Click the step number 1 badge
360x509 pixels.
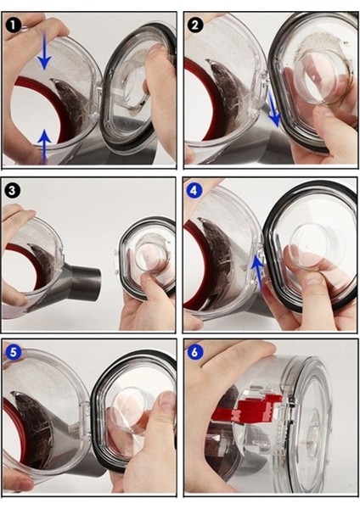click(x=14, y=25)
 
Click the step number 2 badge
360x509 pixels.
click(x=195, y=25)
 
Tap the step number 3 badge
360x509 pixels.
click(x=12, y=190)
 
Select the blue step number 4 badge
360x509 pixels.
click(x=194, y=190)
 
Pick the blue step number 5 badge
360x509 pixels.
click(x=13, y=352)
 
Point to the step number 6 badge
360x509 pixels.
click(x=194, y=352)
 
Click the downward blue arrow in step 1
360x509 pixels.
click(x=44, y=52)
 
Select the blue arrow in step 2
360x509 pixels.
click(x=273, y=109)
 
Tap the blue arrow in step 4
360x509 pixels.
click(x=259, y=271)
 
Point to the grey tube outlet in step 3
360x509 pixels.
click(x=84, y=275)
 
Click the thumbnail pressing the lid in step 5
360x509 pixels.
click(x=168, y=401)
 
